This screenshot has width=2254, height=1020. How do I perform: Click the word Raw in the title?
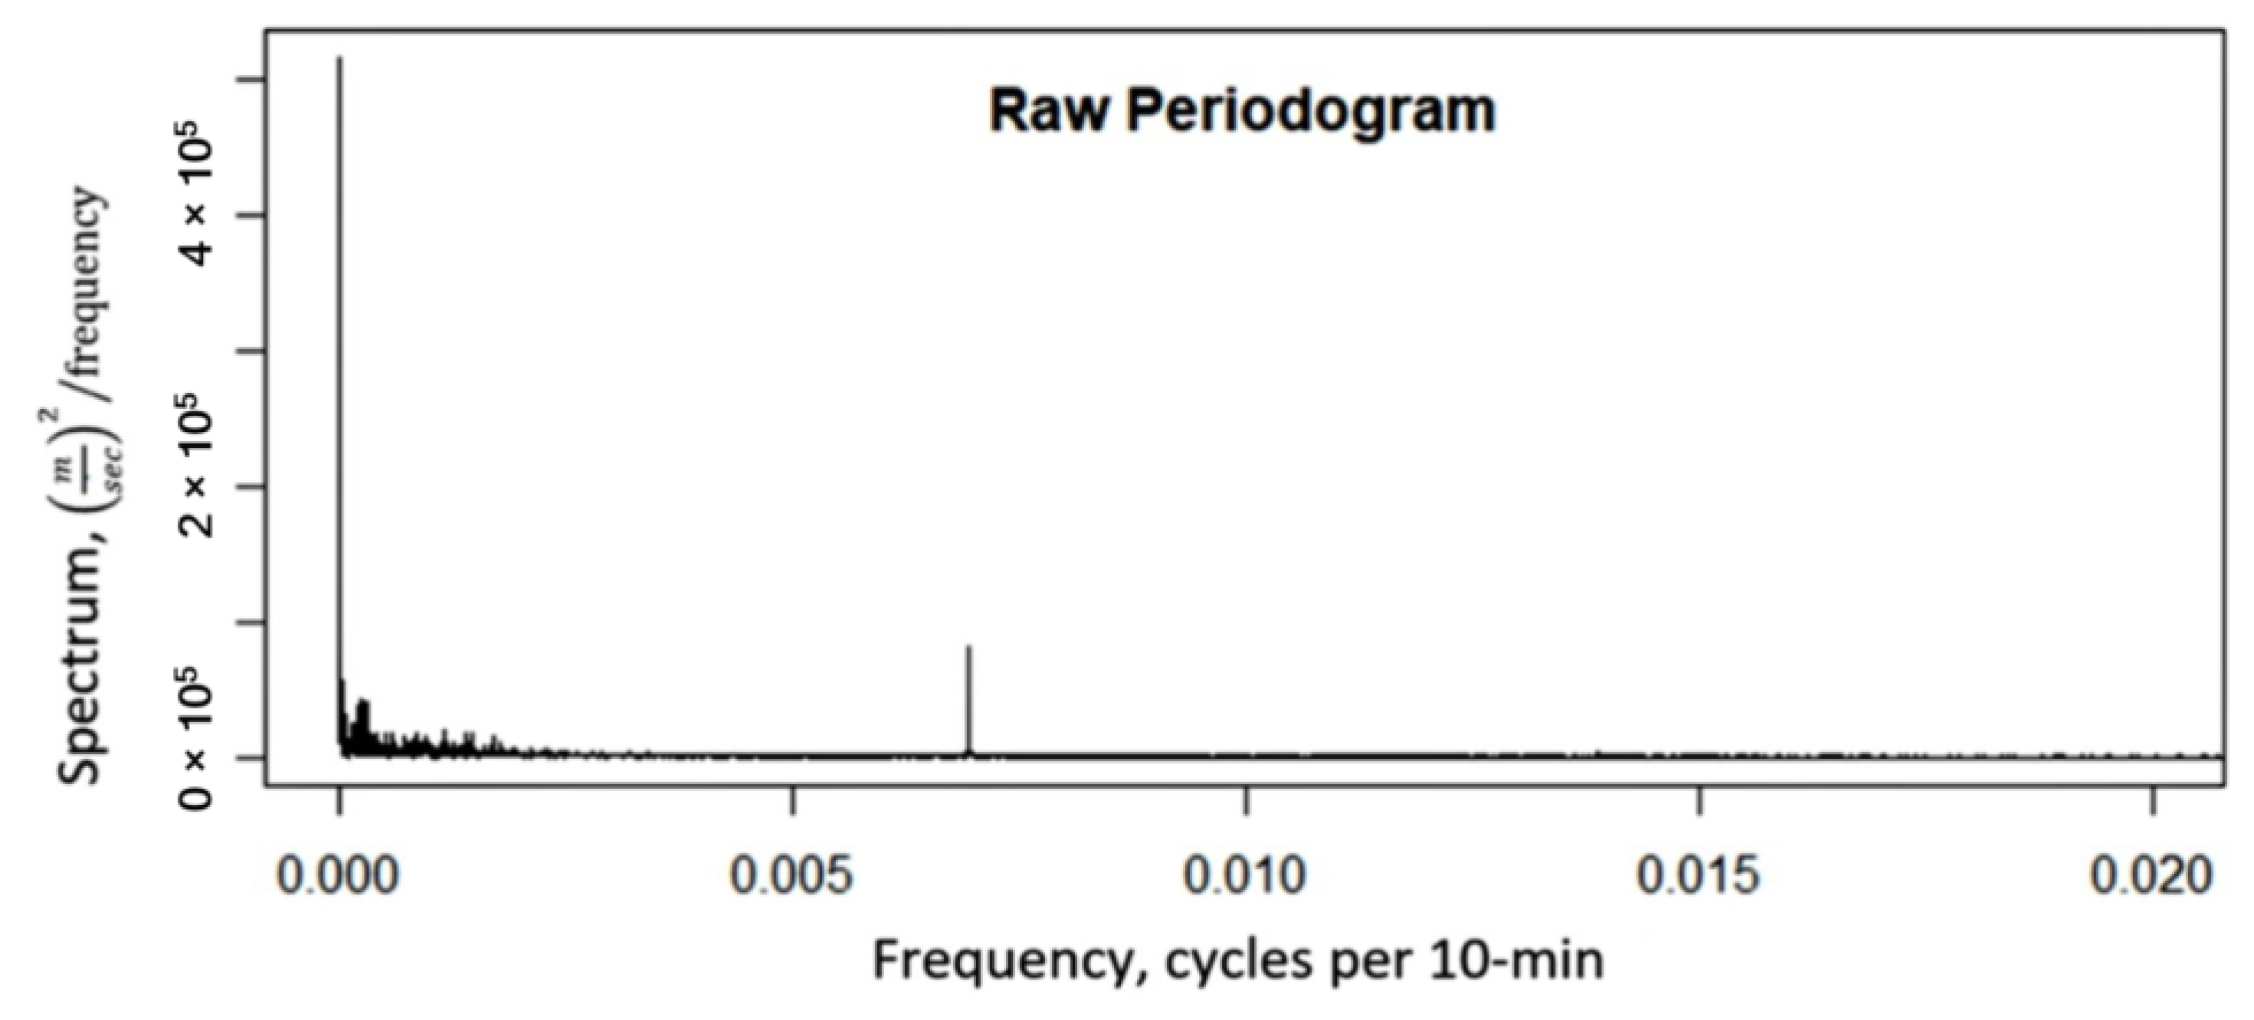1047,111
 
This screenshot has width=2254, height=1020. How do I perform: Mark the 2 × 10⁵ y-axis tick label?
198,473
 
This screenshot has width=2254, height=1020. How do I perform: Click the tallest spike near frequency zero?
339,263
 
